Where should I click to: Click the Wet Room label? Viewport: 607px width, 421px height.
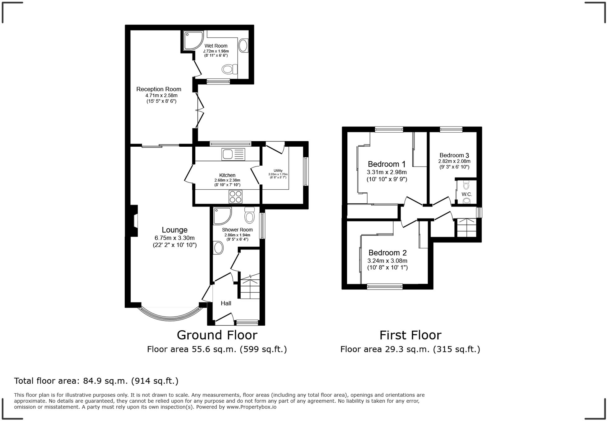coord(216,46)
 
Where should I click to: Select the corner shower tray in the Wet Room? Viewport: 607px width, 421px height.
coord(193,40)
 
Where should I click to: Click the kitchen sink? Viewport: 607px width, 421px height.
coord(233,154)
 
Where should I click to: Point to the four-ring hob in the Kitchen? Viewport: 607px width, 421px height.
coord(235,196)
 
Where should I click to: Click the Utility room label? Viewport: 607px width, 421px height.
coord(278,171)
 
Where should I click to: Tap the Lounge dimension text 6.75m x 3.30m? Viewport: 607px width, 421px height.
coord(174,238)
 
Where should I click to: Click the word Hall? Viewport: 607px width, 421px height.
coord(226,303)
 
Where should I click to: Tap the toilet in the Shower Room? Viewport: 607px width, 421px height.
coord(249,215)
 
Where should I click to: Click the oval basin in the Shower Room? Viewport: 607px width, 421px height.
coord(219,248)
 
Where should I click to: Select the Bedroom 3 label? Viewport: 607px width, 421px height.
coord(454,155)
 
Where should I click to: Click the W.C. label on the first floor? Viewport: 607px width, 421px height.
coord(467,194)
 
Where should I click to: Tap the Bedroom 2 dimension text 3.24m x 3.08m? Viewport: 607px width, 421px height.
coord(387,261)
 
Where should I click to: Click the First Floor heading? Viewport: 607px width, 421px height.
coord(410,335)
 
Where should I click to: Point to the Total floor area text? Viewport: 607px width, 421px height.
coord(96,381)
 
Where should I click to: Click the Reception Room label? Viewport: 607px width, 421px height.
coord(159,89)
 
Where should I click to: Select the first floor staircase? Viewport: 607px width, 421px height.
coord(466,228)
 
